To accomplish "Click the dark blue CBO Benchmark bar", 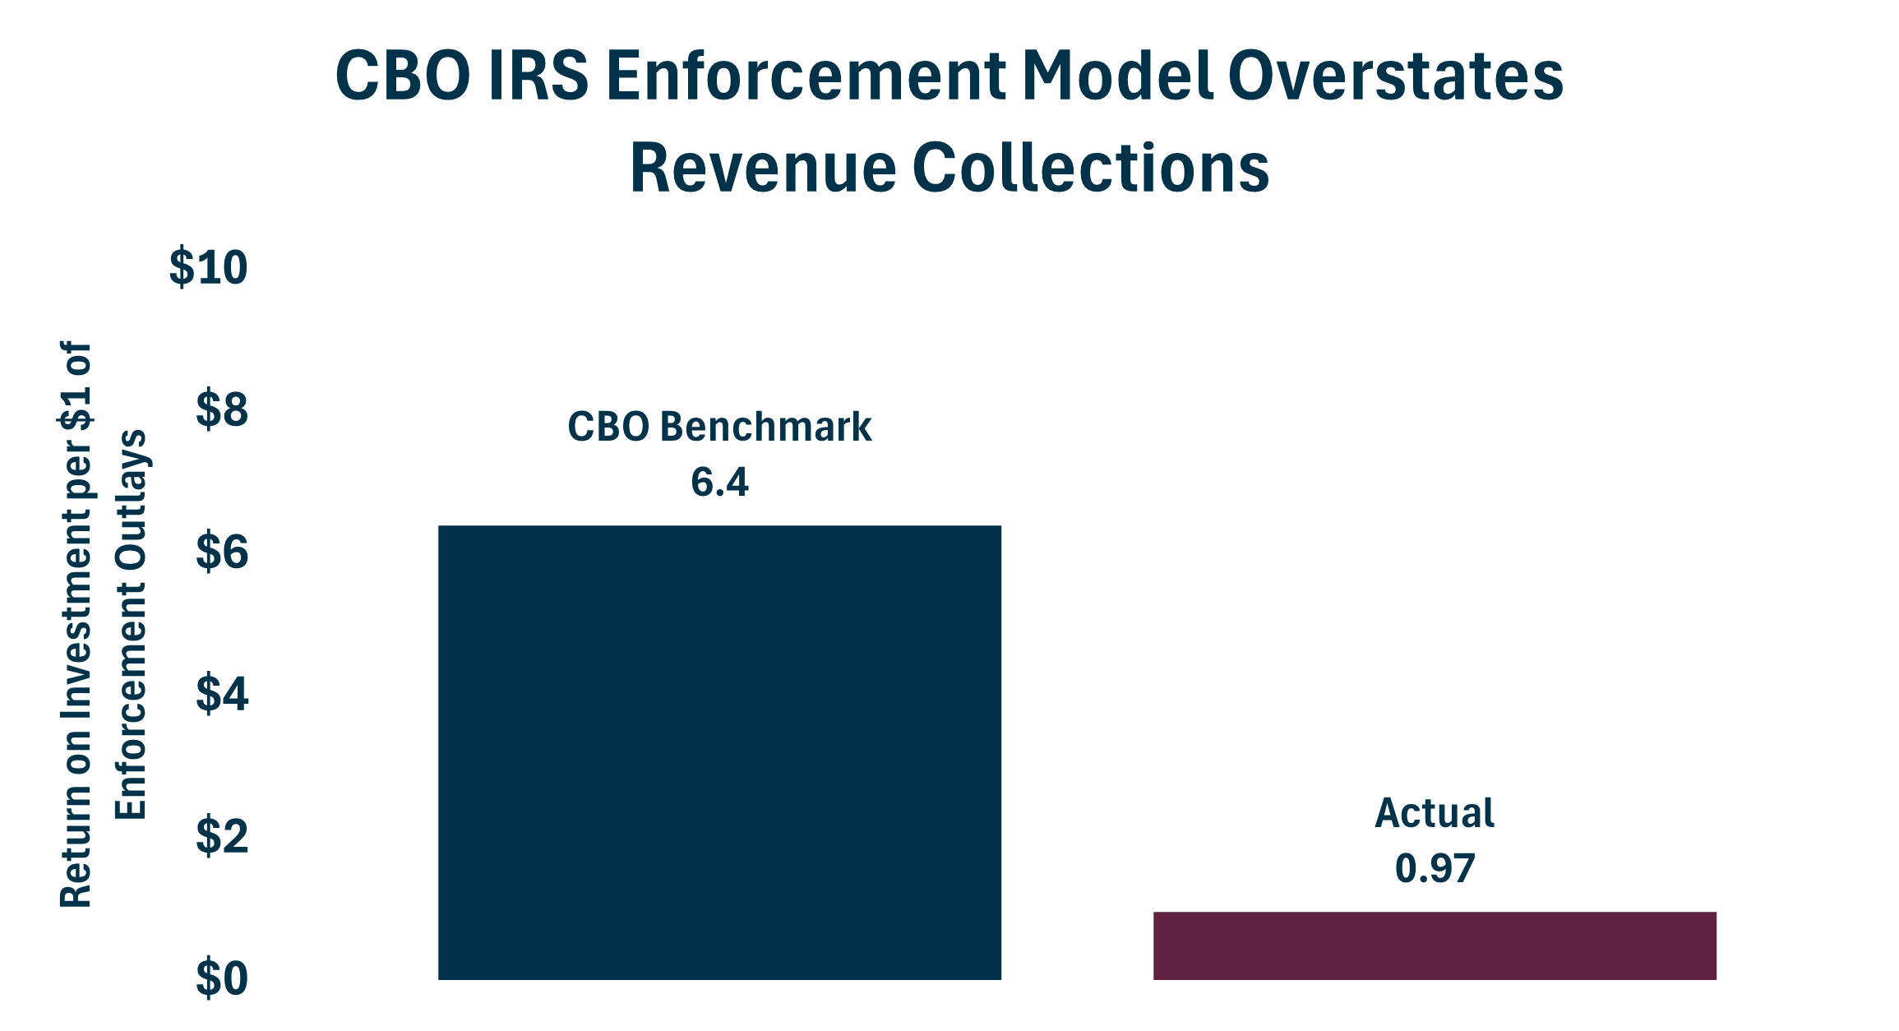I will click(x=719, y=752).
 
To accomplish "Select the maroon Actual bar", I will click(x=1435, y=945).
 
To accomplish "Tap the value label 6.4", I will click(x=719, y=482).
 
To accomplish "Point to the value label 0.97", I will click(x=1435, y=869).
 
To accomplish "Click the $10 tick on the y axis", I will click(x=208, y=268).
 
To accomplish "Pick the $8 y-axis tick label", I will click(x=221, y=409).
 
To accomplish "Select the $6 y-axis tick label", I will click(x=221, y=552).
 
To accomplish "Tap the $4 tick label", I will click(x=221, y=694).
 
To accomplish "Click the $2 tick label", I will click(x=221, y=836).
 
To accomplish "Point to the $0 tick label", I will click(x=221, y=978).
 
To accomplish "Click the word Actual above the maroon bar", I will click(x=1435, y=813).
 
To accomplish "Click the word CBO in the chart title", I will click(x=403, y=76).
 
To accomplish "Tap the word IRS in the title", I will click(x=538, y=76).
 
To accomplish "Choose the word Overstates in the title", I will click(x=1395, y=76).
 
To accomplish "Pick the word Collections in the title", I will click(x=1091, y=168).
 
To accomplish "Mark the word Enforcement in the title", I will click(x=806, y=76).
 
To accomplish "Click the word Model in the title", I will click(x=1118, y=76).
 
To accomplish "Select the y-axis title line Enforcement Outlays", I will click(x=131, y=625).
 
